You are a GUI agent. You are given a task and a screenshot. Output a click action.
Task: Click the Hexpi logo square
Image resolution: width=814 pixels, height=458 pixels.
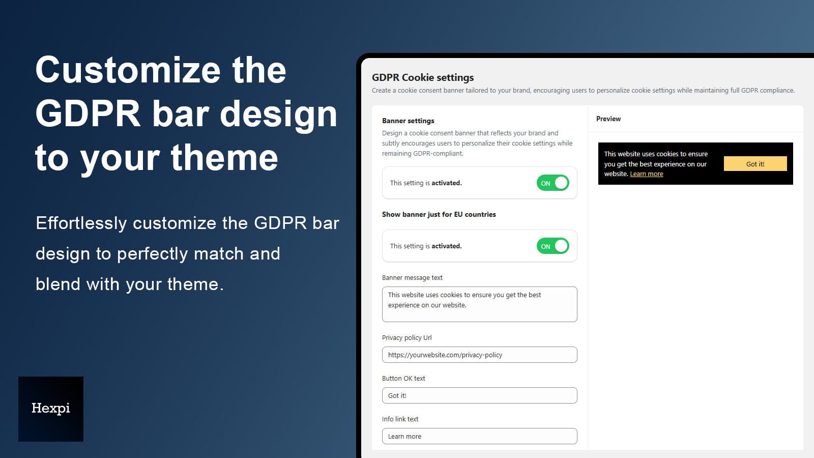coord(51,409)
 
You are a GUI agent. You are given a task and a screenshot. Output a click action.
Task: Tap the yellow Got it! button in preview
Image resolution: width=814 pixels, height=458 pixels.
coord(755,163)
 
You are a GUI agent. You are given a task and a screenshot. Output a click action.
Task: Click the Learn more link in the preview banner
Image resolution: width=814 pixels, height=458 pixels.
coord(647,174)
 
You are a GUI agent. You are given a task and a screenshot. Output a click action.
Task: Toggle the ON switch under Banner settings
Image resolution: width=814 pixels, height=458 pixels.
coord(553,183)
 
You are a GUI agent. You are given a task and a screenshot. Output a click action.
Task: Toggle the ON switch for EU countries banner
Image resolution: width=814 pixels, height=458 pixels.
coord(553,246)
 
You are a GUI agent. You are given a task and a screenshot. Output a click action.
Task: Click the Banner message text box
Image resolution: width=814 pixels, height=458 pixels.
coord(479,304)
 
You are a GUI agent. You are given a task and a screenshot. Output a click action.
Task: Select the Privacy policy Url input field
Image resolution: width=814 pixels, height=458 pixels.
coord(479,355)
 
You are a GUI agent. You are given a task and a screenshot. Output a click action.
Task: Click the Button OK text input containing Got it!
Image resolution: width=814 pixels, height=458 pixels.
coord(479,395)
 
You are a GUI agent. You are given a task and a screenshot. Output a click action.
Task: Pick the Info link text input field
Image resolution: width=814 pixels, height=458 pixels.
coord(479,436)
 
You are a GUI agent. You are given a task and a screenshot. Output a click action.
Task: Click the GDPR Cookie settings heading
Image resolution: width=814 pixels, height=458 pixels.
coord(423,77)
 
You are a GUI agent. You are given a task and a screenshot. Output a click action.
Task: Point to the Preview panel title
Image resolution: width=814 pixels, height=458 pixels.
coord(608,119)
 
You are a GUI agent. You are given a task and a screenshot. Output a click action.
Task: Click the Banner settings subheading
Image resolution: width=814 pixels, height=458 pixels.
coord(408,121)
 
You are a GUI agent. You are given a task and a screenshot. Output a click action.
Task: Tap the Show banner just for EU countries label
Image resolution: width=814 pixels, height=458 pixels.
coord(439,214)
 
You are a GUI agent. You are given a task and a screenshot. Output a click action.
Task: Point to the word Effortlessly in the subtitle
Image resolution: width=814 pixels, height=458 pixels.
coord(81,223)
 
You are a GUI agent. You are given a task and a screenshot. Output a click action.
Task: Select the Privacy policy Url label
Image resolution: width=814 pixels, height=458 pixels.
coord(406,338)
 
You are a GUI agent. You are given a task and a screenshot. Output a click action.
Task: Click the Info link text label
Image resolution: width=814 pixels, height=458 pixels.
coord(400,419)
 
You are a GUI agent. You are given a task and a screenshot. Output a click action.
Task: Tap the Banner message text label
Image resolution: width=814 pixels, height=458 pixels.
coord(412,278)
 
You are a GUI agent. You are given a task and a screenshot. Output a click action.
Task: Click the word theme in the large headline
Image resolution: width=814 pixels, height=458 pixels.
coord(224,158)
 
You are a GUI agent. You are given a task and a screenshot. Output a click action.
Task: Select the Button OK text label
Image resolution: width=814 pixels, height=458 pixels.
coord(403,379)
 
